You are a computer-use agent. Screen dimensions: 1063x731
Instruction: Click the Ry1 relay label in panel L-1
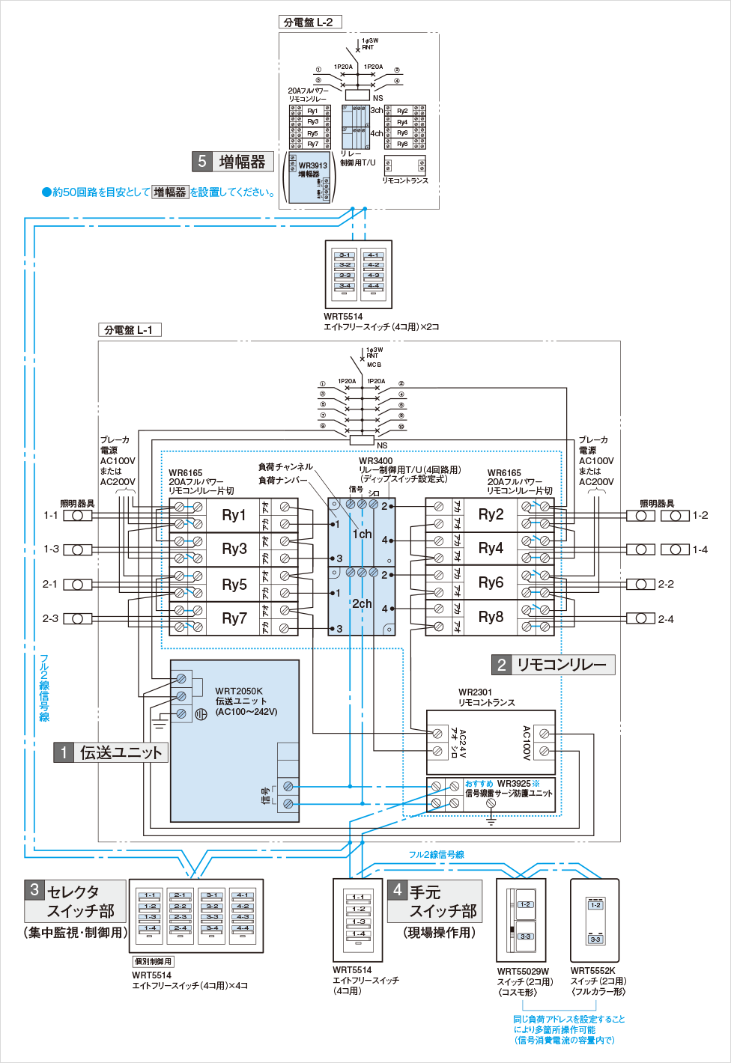pyautogui.click(x=234, y=515)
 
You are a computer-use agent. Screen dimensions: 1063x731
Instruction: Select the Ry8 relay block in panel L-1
pyautogui.click(x=491, y=617)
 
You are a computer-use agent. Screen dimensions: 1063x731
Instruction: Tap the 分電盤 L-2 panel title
pyautogui.click(x=309, y=22)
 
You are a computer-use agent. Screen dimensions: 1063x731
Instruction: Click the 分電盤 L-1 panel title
pyautogui.click(x=129, y=330)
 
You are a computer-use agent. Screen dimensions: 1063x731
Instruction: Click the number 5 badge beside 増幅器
pyautogui.click(x=202, y=162)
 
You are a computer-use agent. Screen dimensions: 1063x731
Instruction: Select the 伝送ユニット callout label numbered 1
pyautogui.click(x=111, y=752)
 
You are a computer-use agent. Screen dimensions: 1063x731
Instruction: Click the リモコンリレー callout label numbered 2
pyautogui.click(x=553, y=665)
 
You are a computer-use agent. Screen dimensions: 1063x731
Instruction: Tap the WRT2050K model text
pyautogui.click(x=239, y=691)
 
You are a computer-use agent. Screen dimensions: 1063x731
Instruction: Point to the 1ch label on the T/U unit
pyautogui.click(x=362, y=534)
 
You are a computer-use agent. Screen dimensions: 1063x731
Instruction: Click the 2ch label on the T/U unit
pyautogui.click(x=362, y=603)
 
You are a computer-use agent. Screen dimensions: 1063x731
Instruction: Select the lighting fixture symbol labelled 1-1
pyautogui.click(x=77, y=516)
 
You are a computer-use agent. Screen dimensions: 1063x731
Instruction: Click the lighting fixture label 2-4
pyautogui.click(x=666, y=619)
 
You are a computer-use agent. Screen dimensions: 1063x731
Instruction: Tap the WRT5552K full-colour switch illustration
pyautogui.click(x=595, y=920)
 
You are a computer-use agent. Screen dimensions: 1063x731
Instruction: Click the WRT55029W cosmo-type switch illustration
pyautogui.click(x=521, y=920)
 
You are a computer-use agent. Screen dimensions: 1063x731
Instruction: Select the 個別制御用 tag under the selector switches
pyautogui.click(x=154, y=961)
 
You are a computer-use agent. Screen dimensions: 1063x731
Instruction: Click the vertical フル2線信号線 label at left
pyautogui.click(x=44, y=688)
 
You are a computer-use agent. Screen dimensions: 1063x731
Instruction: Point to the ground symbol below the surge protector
pyautogui.click(x=491, y=820)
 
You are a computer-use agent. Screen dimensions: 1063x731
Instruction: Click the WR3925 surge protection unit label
pyautogui.click(x=509, y=788)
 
